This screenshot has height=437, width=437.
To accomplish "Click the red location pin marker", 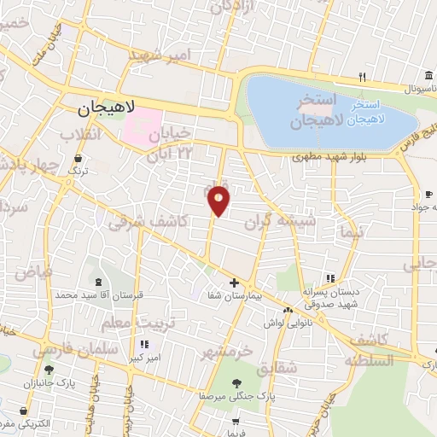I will tap(219, 201).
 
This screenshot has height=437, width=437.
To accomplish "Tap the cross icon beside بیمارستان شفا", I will tap(234, 283).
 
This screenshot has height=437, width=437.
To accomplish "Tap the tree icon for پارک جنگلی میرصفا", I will tap(236, 384).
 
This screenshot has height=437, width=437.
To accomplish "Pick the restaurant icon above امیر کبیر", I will tap(143, 344).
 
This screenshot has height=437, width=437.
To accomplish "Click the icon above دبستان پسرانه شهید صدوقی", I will tap(330, 278).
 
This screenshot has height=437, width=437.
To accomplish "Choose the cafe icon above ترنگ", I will tap(79, 158).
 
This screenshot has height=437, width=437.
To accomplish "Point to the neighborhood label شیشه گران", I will tap(292, 222).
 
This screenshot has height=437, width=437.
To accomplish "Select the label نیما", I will tap(351, 231).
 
